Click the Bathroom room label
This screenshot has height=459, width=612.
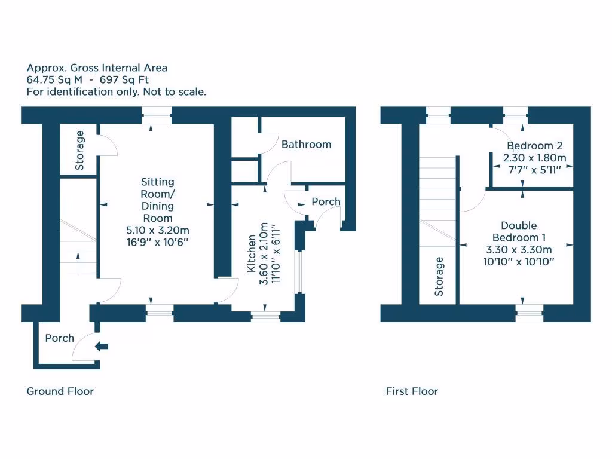(306, 145)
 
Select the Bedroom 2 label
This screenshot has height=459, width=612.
(534, 146)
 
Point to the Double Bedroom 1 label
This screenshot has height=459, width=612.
(518, 231)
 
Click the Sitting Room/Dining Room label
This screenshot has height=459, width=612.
(158, 200)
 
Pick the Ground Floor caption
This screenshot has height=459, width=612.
(60, 391)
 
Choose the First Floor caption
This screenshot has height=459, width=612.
(412, 391)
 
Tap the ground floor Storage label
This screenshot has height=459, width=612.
(80, 151)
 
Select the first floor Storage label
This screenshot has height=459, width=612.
(440, 276)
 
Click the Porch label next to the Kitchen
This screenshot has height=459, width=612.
(326, 202)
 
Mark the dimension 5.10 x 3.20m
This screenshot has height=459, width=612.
(158, 230)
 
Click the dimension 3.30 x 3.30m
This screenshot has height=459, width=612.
(518, 250)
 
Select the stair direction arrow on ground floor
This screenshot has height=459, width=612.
(78, 258)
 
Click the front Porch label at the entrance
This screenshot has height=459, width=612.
(60, 338)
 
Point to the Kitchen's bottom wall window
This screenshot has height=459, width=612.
(265, 317)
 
